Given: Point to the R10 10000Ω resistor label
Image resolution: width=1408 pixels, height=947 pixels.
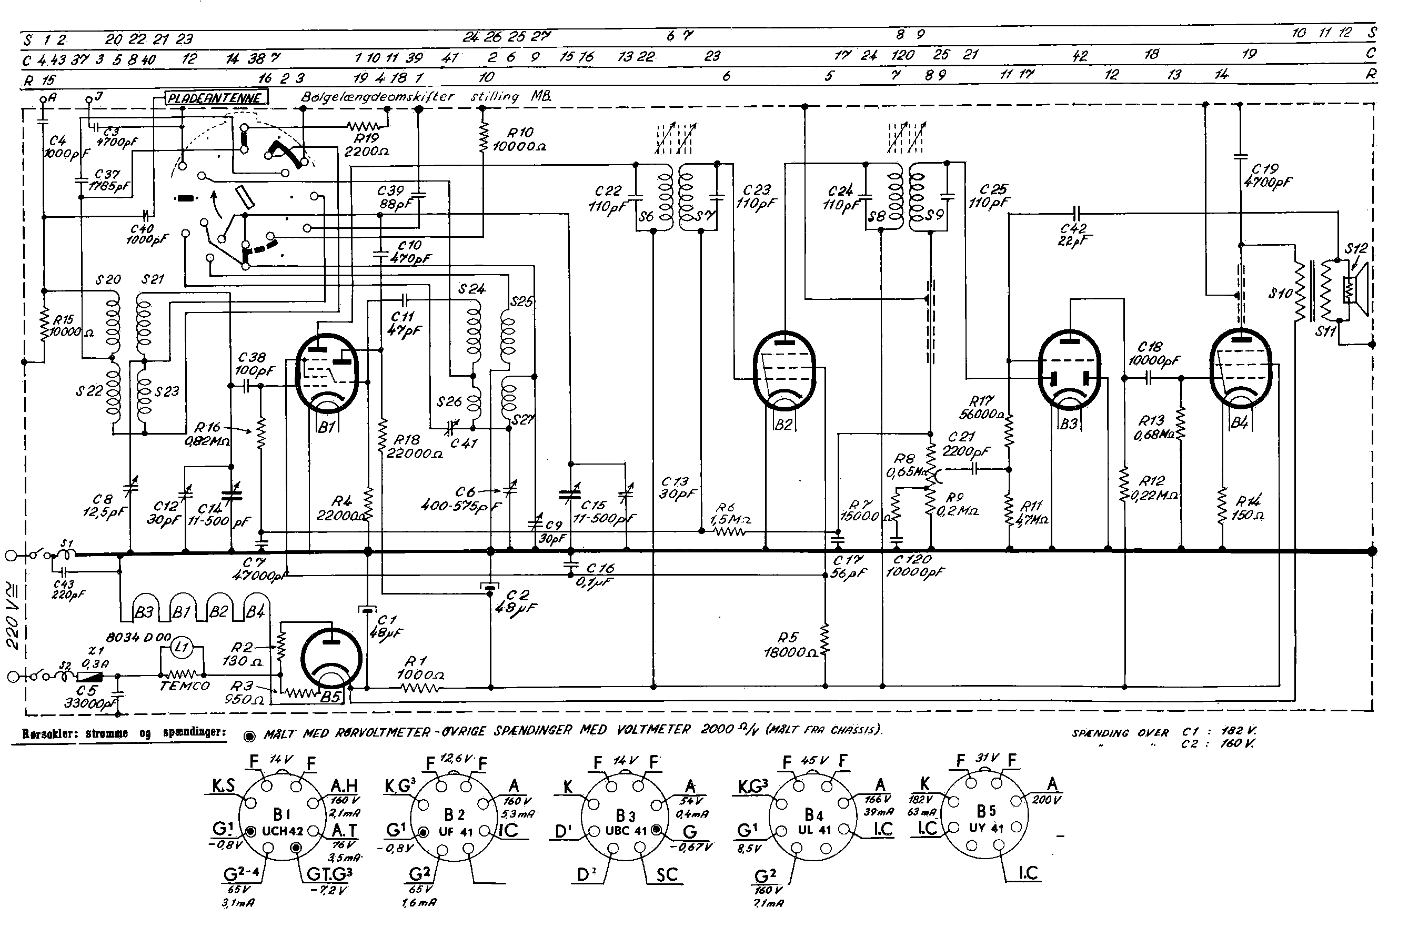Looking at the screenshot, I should (x=519, y=139).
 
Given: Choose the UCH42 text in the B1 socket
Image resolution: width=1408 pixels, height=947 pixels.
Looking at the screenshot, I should (x=282, y=831).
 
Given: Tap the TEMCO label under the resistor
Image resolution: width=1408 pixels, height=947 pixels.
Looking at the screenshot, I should (x=184, y=687).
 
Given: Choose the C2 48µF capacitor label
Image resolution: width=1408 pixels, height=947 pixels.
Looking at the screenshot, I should (x=517, y=601).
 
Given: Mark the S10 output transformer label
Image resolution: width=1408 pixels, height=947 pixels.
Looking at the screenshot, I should (x=1280, y=294).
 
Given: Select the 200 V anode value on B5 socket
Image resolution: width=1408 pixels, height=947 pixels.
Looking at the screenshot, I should (x=1046, y=800).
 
